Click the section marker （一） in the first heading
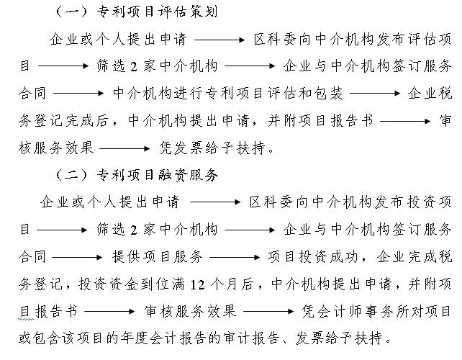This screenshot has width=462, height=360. [71, 12]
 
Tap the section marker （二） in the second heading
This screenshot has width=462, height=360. [71, 175]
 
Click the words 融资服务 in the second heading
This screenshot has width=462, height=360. [188, 175]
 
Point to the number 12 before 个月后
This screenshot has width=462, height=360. [197, 285]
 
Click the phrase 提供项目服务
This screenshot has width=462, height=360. [158, 257]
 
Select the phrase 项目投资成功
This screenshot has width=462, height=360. [312, 257]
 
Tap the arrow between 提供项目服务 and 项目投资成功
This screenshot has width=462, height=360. [235, 257]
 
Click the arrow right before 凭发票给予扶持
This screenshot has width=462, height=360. [125, 148]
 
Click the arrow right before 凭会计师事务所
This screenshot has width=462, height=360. [268, 311]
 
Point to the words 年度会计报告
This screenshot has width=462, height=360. [163, 338]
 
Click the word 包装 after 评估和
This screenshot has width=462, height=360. [328, 93]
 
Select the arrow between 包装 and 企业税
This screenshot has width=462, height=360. [375, 94]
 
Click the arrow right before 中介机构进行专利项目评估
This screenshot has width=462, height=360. [78, 94]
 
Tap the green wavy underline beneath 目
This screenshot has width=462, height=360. [26, 319]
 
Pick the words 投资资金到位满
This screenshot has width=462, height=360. [132, 284]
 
